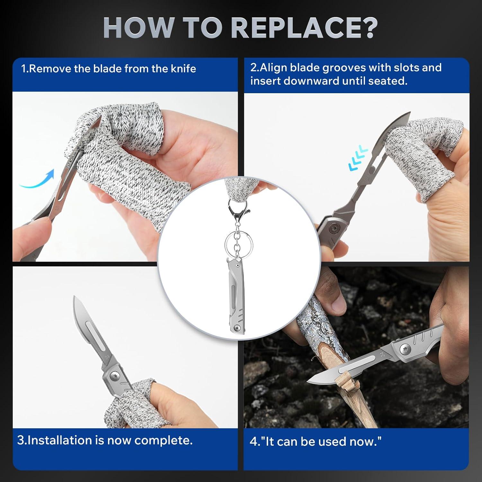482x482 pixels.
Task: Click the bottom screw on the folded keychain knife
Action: pos(237,328)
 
